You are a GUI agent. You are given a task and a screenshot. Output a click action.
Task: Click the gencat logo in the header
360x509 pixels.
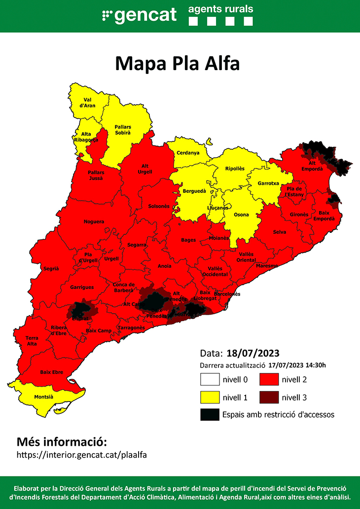coord(139,15)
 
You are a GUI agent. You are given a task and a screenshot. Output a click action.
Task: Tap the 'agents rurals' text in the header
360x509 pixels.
coord(221,9)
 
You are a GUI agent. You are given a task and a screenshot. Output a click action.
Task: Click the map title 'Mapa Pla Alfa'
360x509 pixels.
coord(177,64)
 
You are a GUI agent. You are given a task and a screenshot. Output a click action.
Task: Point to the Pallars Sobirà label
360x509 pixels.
coord(123,130)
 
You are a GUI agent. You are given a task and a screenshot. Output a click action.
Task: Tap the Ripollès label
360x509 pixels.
coord(235,168)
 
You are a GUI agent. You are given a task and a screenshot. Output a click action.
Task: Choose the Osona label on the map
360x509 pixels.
coord(241,215)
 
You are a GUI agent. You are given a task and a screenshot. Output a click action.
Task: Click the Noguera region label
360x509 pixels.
coord(94,222)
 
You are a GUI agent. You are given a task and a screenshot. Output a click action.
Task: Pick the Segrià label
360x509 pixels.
coord(51,268)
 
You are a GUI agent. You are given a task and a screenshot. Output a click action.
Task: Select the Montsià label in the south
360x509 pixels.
coord(43,397)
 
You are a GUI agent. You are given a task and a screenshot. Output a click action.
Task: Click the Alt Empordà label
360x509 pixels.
coord(312,166)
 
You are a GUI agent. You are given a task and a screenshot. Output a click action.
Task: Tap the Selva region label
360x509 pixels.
coord(280,232)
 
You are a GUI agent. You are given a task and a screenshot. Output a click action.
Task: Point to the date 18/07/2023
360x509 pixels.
coord(253,353)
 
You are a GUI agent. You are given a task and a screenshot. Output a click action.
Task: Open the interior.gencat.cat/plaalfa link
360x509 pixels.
coord(82,454)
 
